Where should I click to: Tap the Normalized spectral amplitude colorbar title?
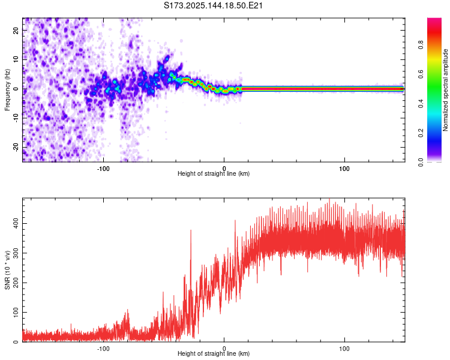[446, 90]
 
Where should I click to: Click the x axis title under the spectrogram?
[214, 174]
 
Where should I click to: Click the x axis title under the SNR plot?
[214, 354]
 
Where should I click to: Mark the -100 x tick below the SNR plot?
[103, 348]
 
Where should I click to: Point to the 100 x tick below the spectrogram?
[344, 168]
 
